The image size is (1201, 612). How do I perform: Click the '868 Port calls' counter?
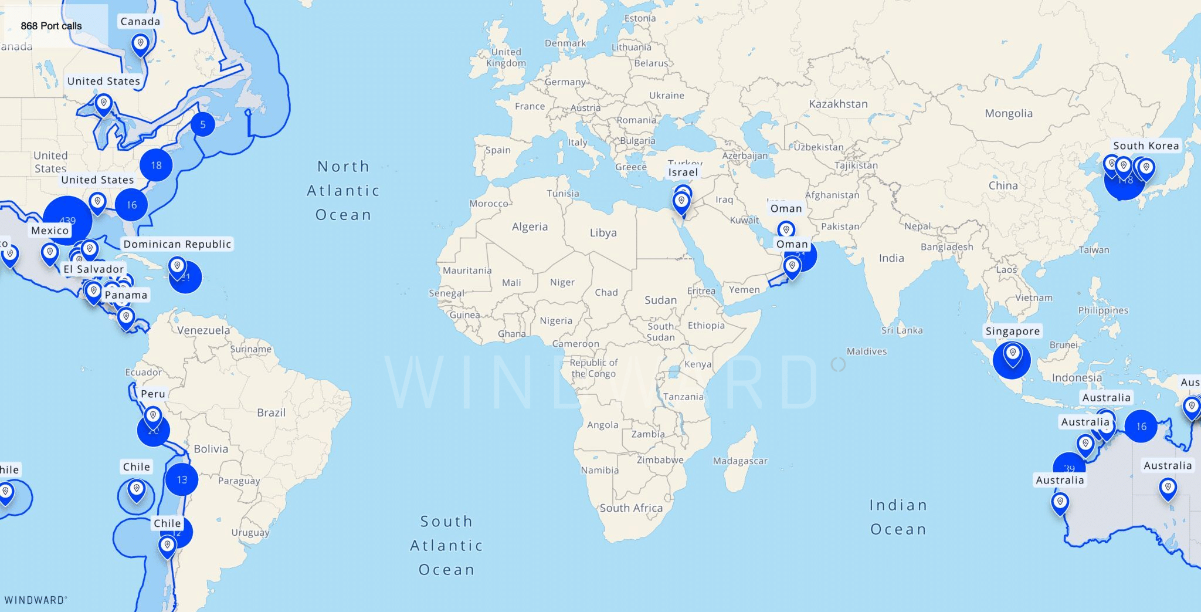(51, 26)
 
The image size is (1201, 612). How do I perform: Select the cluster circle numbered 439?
(67, 221)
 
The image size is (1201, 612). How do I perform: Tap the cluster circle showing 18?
(156, 165)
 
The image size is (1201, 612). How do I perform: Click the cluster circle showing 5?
(203, 124)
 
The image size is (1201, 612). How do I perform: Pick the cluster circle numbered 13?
(182, 479)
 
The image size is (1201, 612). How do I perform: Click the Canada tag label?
(140, 22)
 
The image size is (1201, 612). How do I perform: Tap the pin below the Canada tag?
(140, 43)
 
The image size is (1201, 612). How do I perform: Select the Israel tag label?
(683, 173)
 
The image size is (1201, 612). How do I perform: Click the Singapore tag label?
(1012, 331)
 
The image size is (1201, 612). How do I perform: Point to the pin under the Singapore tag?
(1012, 354)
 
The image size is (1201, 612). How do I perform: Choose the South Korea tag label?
(1146, 146)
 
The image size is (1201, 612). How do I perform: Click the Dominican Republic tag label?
(177, 244)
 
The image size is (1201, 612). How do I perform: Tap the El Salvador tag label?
(94, 269)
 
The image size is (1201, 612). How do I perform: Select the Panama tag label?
(125, 295)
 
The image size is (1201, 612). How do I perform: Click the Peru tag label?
(153, 394)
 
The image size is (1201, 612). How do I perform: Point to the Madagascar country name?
(740, 461)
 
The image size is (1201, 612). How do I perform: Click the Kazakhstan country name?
(838, 104)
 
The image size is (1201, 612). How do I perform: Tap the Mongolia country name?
(1009, 113)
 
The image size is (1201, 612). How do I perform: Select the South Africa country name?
(631, 508)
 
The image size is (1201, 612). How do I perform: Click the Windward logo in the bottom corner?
(35, 600)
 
